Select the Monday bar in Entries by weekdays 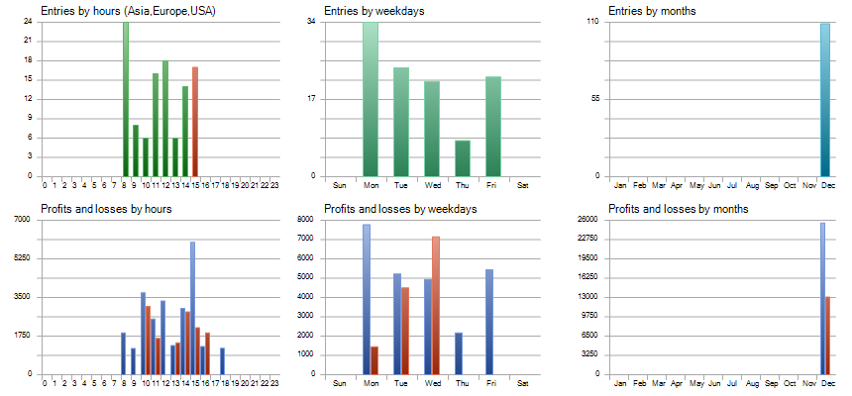371,99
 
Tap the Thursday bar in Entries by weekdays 463,158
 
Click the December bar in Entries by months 825,99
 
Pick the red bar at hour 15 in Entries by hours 195,121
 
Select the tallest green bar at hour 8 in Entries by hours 126,99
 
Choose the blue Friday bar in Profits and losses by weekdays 489,322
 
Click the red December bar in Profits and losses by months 829,336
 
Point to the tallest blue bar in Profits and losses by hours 192,308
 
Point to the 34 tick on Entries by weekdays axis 312,21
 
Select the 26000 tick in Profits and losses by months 588,219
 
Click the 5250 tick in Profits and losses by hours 22,257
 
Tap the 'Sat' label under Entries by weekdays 523,185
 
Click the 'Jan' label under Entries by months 621,185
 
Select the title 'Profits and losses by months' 678,209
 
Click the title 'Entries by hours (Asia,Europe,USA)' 128,11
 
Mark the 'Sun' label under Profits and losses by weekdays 339,383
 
